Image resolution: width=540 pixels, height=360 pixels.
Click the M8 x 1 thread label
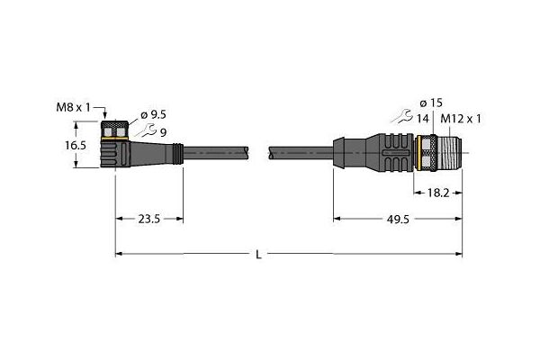(73, 108)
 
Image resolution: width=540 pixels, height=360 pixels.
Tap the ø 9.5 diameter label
(153, 114)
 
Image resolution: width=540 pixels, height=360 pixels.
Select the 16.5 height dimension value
(76, 146)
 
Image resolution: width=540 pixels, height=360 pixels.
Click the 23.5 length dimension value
(149, 219)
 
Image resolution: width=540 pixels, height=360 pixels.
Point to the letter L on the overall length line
(258, 255)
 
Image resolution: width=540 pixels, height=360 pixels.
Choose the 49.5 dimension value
(398, 219)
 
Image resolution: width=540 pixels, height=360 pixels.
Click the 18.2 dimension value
(438, 193)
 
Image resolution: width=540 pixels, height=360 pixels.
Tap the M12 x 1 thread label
(461, 119)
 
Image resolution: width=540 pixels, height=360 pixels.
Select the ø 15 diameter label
(431, 103)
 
